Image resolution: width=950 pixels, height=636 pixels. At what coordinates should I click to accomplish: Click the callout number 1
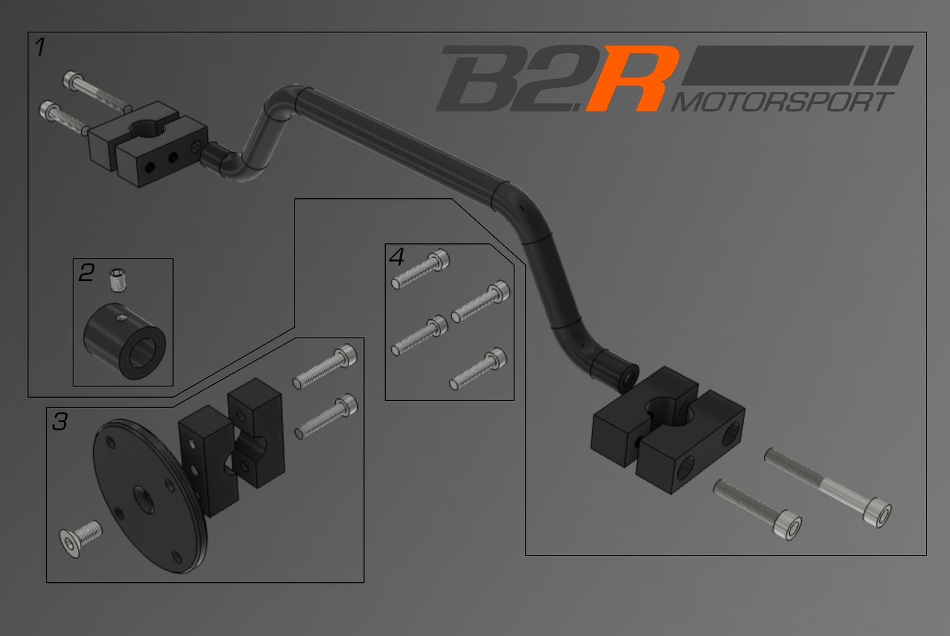click(x=40, y=47)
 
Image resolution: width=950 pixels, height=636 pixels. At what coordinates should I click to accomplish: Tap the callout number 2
click(x=86, y=272)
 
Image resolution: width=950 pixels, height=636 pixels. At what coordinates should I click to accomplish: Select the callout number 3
click(x=60, y=421)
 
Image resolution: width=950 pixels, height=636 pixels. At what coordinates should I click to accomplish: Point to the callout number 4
click(x=396, y=257)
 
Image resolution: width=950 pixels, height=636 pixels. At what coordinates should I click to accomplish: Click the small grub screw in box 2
click(x=115, y=279)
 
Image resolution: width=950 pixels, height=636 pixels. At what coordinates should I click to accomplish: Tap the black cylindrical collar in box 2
click(x=124, y=342)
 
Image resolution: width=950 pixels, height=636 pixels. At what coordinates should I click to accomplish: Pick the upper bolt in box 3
click(x=325, y=366)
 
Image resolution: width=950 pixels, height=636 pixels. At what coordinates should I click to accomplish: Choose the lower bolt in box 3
click(x=326, y=417)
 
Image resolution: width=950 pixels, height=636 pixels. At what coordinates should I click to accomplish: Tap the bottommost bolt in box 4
click(x=478, y=369)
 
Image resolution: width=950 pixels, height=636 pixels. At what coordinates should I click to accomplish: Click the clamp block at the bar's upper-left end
click(x=148, y=144)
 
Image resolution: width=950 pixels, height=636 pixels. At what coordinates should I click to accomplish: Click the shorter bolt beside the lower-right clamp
click(x=757, y=509)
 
